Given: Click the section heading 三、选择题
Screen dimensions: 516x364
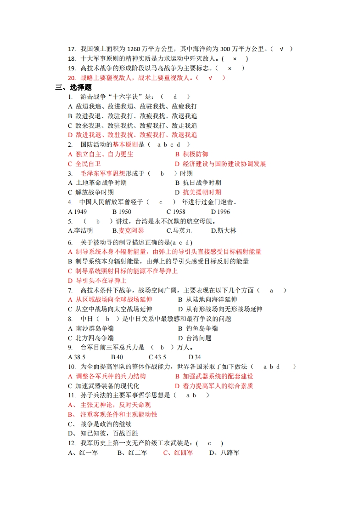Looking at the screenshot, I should click(73, 87).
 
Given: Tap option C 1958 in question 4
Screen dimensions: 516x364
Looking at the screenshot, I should click(176, 212).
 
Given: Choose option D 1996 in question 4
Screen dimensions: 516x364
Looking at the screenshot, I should click(221, 212).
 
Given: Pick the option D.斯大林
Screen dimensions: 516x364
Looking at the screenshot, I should click(224, 230).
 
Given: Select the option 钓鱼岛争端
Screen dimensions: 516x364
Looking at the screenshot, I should click(202, 328).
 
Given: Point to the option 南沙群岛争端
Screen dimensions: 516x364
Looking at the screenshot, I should click(95, 328).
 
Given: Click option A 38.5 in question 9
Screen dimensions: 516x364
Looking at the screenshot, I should click(77, 357).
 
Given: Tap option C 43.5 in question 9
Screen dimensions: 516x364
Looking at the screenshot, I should click(157, 357).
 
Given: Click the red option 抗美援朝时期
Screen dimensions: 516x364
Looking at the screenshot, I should click(202, 192).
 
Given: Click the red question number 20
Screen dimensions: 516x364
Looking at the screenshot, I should click(71, 78).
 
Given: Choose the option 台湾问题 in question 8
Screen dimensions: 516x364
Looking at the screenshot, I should click(199, 338).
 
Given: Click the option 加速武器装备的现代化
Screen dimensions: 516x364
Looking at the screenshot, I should click(107, 386).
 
